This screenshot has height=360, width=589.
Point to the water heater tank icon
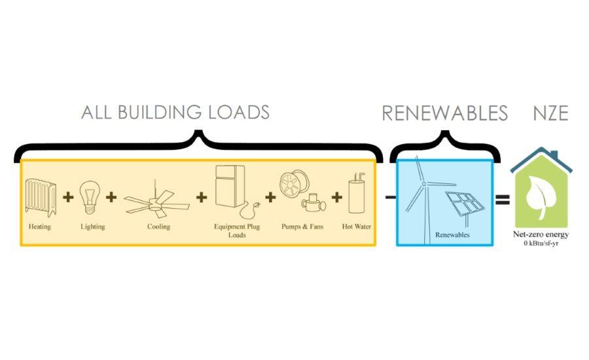[356, 194]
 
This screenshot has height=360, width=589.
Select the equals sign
[502, 199]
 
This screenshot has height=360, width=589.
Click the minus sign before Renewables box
[389, 197]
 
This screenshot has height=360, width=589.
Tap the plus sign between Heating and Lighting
[67, 197]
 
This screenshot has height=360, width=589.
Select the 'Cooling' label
[158, 227]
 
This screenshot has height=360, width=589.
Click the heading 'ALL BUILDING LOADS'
[175, 113]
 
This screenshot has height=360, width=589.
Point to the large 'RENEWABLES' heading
[444, 113]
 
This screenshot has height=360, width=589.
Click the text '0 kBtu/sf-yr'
[541, 243]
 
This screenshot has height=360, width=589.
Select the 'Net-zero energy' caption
[541, 234]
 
